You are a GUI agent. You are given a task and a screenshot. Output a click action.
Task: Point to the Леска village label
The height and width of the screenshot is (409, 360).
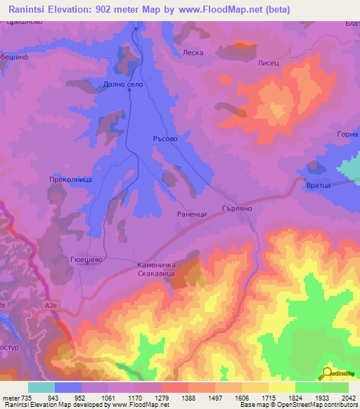tap(193, 53)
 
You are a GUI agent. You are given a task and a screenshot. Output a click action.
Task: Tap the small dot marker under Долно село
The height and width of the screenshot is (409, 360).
tap(129, 90)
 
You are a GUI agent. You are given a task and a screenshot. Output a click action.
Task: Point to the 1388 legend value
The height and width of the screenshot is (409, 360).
tap(173, 398)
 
